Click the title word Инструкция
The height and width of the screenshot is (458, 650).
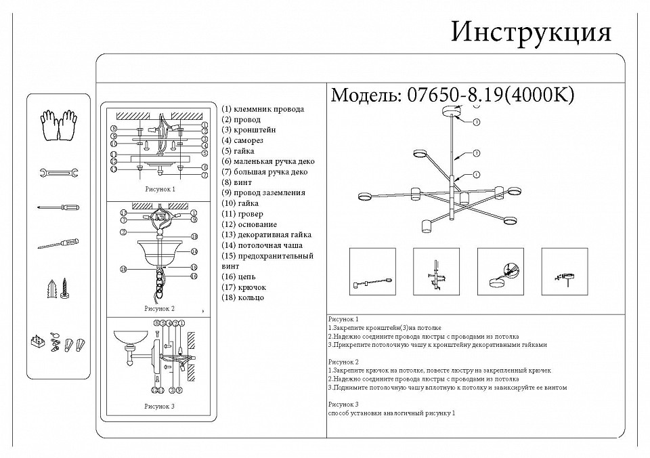[x=531, y=31]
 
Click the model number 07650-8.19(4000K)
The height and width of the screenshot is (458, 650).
[x=489, y=95]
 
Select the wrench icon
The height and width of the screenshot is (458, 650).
[x=58, y=173]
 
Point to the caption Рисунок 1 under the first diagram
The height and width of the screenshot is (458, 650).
[x=160, y=190]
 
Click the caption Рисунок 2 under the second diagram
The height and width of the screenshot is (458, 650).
[x=160, y=308]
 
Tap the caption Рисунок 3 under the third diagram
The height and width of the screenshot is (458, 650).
[x=160, y=407]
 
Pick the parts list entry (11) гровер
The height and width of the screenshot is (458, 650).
[x=242, y=214]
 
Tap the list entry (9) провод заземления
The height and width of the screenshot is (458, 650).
[x=263, y=192]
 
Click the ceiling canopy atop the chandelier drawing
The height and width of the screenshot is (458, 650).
[x=450, y=112]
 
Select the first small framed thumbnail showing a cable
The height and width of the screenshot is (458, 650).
[x=371, y=271]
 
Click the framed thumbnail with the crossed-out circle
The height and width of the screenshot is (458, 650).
[x=500, y=271]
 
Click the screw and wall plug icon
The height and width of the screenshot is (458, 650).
[x=58, y=288]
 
